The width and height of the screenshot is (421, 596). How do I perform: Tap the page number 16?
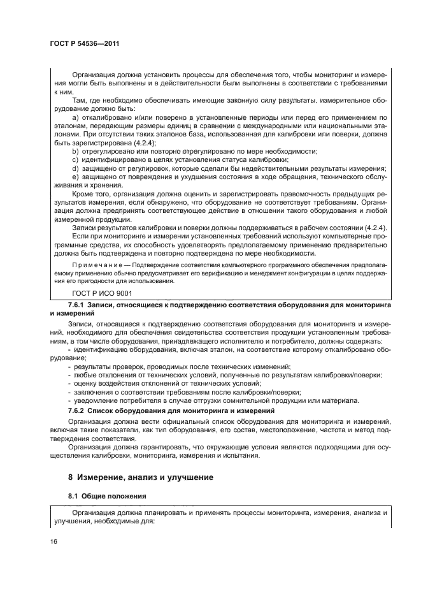pyautogui.click(x=53, y=542)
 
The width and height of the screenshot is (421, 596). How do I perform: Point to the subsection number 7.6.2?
pyautogui.click(x=78, y=411)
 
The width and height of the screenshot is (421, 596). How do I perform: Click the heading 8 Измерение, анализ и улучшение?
pyautogui.click(x=140, y=477)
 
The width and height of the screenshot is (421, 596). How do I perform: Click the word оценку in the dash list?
pyautogui.click(x=87, y=384)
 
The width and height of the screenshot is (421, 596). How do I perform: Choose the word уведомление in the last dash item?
pyautogui.click(x=97, y=400)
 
